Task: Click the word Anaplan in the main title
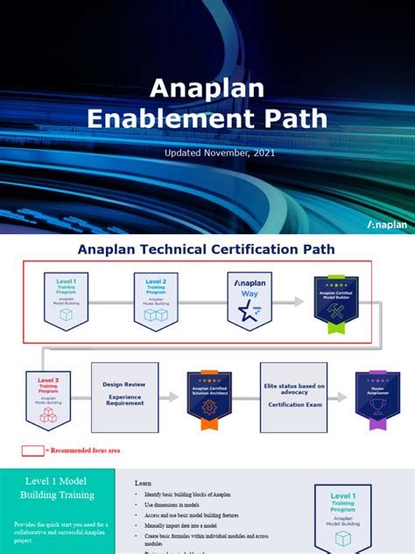click(207, 89)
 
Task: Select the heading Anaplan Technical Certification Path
click(206, 249)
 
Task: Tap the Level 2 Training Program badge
click(157, 301)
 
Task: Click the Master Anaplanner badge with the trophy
click(378, 397)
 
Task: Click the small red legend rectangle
click(32, 451)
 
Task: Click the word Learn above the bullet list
click(143, 483)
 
